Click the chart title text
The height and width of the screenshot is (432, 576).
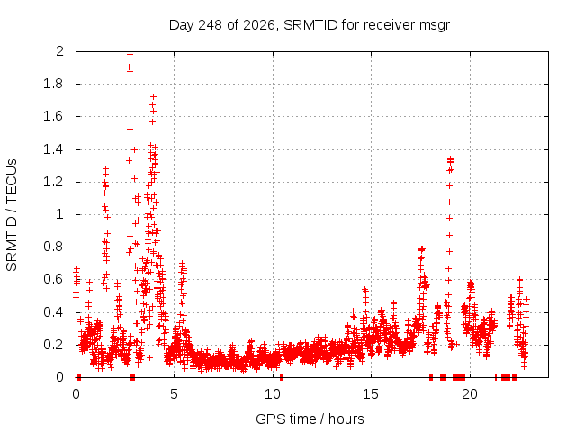(310, 25)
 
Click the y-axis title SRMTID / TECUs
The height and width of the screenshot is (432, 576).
(12, 215)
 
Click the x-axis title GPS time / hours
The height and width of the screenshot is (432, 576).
(310, 418)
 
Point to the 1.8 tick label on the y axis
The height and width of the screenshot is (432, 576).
(53, 84)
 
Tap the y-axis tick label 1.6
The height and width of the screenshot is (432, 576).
(53, 116)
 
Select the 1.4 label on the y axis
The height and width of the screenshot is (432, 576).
(53, 149)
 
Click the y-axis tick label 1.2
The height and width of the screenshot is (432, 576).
(53, 182)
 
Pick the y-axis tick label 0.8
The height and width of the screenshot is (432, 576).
(53, 247)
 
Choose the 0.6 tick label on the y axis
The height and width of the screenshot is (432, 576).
(53, 279)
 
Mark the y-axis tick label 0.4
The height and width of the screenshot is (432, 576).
(53, 312)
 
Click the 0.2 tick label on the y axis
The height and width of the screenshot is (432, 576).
(53, 345)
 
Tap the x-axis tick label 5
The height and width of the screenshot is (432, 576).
(174, 394)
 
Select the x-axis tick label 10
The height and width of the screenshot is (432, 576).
(273, 394)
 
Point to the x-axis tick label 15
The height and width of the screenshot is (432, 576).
(371, 394)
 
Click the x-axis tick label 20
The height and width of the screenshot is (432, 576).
(470, 394)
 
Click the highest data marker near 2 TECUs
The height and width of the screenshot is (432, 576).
(130, 54)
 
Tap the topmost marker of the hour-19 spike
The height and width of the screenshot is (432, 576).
(450, 158)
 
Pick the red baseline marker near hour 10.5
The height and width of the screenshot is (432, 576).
(282, 377)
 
